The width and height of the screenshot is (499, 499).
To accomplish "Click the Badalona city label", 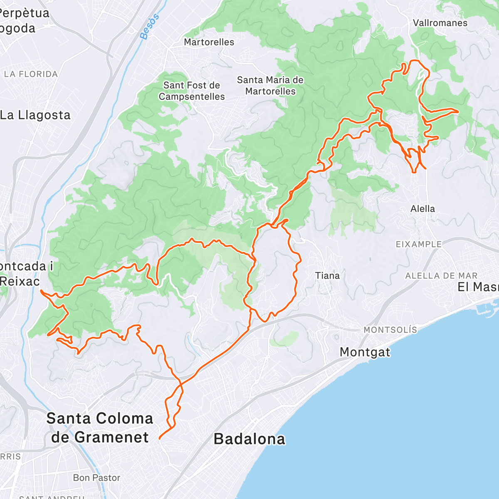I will (249, 439).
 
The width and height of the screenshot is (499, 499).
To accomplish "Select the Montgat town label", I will (365, 352).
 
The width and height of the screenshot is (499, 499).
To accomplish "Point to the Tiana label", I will (327, 276).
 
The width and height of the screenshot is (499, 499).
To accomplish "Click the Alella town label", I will (422, 209).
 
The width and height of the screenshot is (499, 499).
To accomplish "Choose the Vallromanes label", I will (440, 23).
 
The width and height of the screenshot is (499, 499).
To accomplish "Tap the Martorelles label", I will (209, 42).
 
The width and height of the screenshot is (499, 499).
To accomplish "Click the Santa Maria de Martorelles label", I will (270, 85).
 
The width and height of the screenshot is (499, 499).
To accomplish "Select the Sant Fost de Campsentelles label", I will (192, 91).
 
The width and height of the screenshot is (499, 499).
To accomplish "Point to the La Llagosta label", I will (35, 115).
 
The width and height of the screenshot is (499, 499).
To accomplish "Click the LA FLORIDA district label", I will (31, 74).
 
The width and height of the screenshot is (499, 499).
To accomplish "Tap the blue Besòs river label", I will (150, 27).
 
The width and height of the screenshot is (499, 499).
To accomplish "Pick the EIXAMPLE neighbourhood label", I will (418, 244).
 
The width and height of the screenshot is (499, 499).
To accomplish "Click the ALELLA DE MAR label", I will (441, 276).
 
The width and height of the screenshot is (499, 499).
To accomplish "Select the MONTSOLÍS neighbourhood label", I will (390, 330).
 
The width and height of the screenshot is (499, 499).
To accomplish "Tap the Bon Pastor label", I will (96, 478).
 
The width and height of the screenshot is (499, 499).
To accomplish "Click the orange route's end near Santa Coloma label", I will (160, 438).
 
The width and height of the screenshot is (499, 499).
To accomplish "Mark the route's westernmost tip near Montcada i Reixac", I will (41, 291).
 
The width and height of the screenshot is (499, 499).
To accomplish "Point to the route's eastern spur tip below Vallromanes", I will (458, 111).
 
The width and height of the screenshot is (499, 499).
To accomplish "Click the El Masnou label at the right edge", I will (478, 287).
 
